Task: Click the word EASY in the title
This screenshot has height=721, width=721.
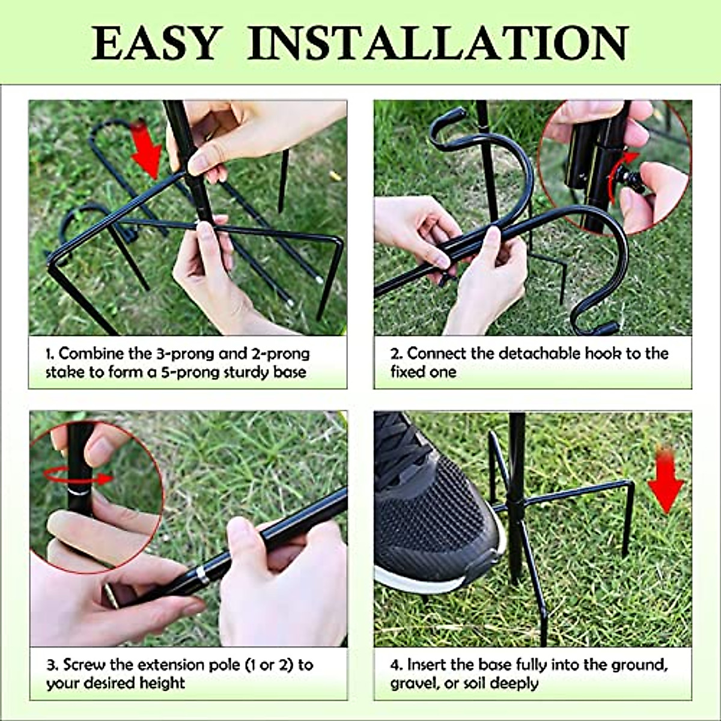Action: click(x=154, y=43)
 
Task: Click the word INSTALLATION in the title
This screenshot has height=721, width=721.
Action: click(x=437, y=43)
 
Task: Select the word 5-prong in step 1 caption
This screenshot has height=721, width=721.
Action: click(x=187, y=372)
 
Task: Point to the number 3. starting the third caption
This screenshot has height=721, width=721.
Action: click(x=52, y=665)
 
